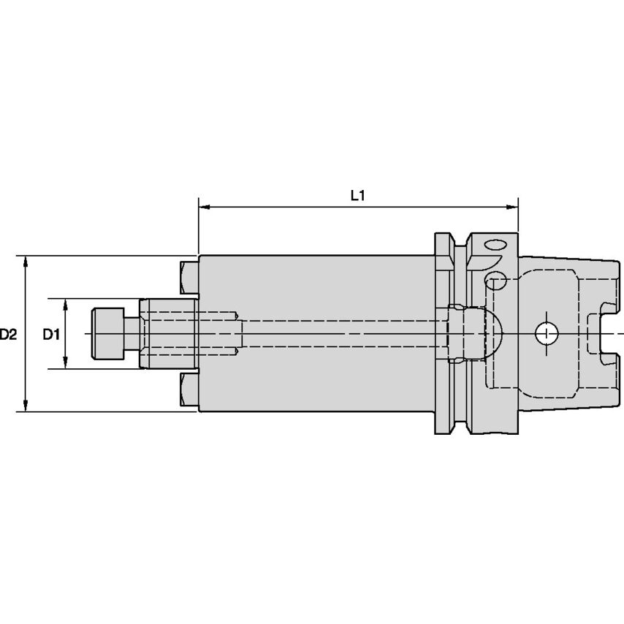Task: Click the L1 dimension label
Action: (357, 195)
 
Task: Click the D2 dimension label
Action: (8, 335)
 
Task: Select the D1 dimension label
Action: (50, 335)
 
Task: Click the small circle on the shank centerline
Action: (545, 334)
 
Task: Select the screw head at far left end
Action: (106, 334)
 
